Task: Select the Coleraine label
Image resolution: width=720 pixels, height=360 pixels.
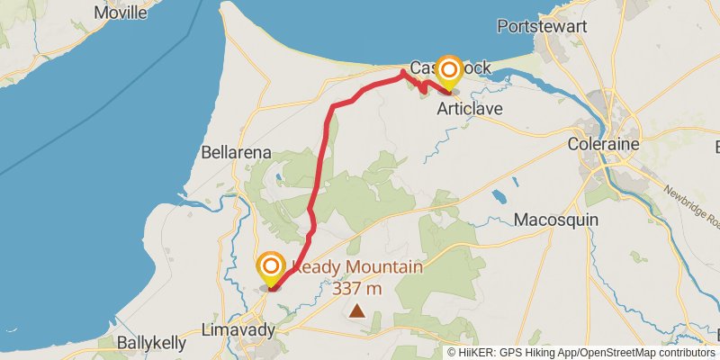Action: coord(603,144)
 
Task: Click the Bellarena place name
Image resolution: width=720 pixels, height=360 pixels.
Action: coord(237,153)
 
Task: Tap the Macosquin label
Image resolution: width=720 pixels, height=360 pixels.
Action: coord(550,220)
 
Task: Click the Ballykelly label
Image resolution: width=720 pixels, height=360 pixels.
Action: coord(152,343)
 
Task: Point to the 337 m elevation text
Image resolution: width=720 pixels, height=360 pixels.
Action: coord(357,289)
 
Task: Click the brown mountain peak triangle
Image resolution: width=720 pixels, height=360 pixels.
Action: coord(357,311)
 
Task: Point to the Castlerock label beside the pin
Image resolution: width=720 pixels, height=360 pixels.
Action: coord(423,68)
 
